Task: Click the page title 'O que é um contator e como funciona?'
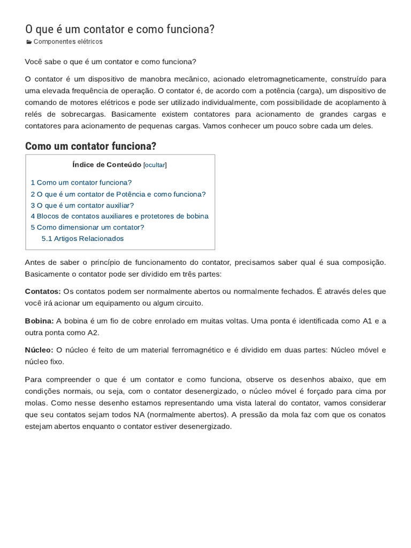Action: click(x=120, y=29)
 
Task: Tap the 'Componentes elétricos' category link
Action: click(x=67, y=42)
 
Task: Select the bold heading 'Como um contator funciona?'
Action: click(x=90, y=146)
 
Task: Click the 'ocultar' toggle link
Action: click(x=155, y=165)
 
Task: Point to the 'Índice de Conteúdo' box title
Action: click(x=106, y=165)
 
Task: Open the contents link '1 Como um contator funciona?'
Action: click(x=81, y=182)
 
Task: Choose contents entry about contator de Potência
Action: click(x=118, y=194)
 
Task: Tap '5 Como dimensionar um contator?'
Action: click(x=87, y=227)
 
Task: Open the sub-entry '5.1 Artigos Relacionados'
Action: click(x=82, y=238)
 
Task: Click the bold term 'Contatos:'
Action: click(x=43, y=292)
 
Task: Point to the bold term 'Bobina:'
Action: click(x=39, y=321)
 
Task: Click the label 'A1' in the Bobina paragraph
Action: click(x=367, y=321)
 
